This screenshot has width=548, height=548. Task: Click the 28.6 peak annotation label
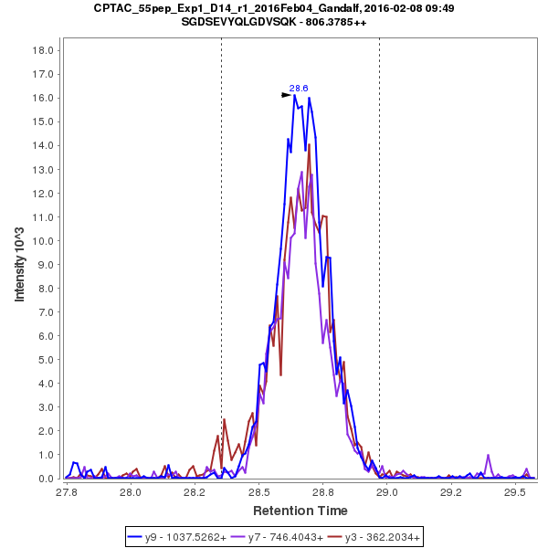pyautogui.click(x=299, y=89)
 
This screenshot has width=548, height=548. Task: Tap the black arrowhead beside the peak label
pyautogui.click(x=286, y=94)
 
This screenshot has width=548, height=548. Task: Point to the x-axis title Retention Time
pyautogui.click(x=300, y=510)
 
